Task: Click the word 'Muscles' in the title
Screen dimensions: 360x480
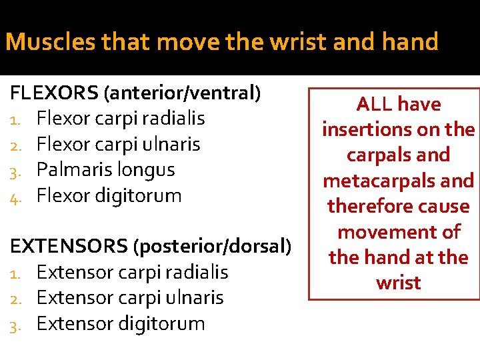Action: pos(44,43)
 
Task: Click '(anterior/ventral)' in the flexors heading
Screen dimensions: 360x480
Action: pos(181,93)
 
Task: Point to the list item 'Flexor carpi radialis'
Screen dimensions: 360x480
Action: pos(120,119)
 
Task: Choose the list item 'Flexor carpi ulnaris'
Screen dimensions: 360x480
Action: pos(118,144)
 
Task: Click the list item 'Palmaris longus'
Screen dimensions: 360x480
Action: pos(105,169)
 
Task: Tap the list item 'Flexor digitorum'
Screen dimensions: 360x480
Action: pos(109,195)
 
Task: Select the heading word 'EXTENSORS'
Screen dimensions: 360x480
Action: pos(69,247)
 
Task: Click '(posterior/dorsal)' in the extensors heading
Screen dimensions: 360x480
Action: pos(213,247)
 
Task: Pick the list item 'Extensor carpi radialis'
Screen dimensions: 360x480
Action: pos(132,272)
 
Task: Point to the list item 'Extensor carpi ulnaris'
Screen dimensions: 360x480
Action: pos(130,298)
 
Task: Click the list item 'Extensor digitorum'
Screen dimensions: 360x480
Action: pos(121,324)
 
